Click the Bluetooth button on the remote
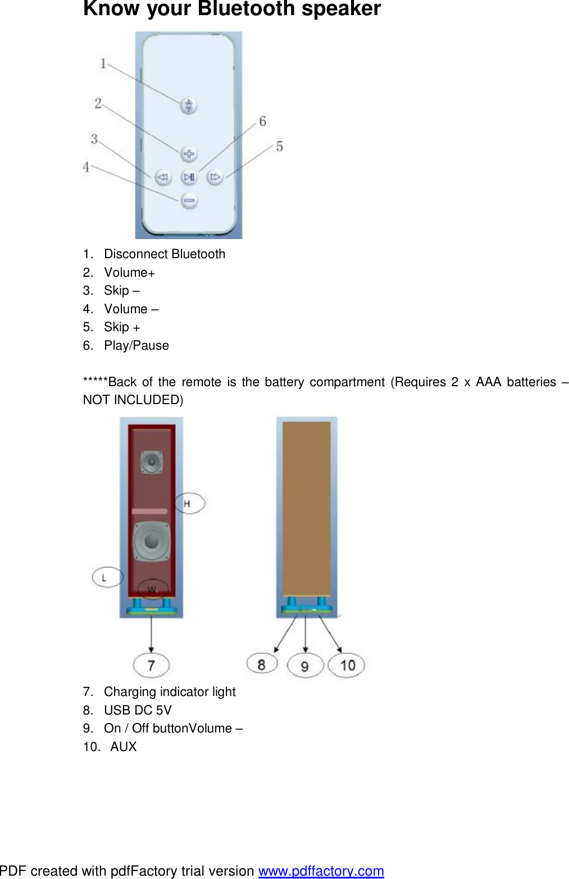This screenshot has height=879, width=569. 189,105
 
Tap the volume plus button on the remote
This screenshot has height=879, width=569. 189,153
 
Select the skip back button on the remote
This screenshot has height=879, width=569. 163,177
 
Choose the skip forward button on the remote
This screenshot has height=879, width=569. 215,177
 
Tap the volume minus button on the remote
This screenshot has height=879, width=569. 189,200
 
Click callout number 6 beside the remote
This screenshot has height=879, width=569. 262,121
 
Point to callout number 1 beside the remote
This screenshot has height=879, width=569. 103,63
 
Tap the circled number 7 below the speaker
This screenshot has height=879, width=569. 151,665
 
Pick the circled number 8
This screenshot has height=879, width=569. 262,665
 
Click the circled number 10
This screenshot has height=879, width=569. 347,665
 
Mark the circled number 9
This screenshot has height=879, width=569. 304,666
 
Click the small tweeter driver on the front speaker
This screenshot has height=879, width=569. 151,463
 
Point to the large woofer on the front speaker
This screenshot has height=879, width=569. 151,541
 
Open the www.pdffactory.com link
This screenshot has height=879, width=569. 321,871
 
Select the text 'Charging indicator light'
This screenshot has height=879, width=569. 170,692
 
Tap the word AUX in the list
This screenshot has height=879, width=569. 124,747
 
